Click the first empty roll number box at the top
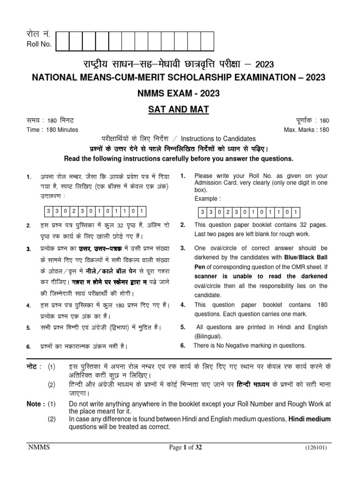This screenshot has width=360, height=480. pos(62,41)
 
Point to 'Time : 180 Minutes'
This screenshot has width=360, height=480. pos(52,130)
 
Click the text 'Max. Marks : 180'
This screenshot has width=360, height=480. pos(307,130)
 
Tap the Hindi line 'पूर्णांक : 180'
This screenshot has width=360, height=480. pos(310,121)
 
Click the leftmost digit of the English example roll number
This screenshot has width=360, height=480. pos(202,212)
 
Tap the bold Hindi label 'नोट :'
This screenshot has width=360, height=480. pos(34,366)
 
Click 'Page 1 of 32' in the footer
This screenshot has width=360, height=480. pos(186,448)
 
